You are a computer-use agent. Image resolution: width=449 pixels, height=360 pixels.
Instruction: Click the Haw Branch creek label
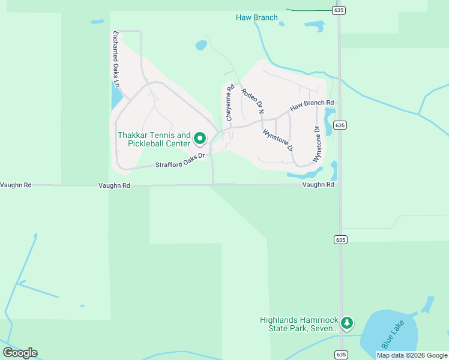coord(257,17)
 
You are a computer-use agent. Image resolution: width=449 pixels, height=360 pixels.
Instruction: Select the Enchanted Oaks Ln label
coord(116,59)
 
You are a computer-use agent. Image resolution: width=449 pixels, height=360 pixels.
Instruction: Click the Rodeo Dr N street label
coord(252,100)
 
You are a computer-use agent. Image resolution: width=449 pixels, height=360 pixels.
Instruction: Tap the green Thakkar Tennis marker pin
coord(200,139)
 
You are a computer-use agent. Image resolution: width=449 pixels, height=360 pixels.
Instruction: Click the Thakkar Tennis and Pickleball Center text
coord(154,139)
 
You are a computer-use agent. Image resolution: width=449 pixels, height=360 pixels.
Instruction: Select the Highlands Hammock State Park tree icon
coord(346,323)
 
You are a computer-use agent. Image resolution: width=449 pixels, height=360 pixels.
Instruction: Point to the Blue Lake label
coord(394,334)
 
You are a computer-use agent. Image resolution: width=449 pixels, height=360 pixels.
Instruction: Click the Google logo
coord(20,353)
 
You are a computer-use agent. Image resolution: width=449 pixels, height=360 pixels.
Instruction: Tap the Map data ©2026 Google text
coord(412,355)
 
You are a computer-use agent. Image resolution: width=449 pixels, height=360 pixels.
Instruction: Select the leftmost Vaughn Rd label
coord(16,185)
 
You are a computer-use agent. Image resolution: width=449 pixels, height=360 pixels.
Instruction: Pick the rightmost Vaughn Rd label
coord(318,185)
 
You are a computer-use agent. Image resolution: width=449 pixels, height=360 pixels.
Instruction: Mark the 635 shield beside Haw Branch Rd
coord(340,125)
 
